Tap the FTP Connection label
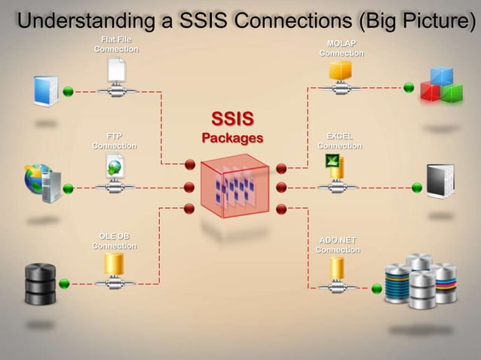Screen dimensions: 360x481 click(x=115, y=141)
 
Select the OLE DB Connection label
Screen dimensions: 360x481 click(x=115, y=241)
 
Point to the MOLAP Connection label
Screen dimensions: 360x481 click(x=342, y=48)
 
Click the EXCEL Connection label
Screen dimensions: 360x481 click(x=339, y=141)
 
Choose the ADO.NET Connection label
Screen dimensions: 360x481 click(x=338, y=245)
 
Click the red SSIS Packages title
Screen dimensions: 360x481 click(x=232, y=128)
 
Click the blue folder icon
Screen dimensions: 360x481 click(x=45, y=91)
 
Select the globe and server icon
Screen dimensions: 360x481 click(x=42, y=183)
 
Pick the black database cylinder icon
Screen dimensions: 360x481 click(x=40, y=283)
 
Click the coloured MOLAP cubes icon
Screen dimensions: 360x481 click(x=441, y=85)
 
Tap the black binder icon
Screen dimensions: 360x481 click(x=440, y=182)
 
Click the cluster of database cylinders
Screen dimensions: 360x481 click(x=421, y=282)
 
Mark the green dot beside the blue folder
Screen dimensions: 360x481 click(x=68, y=91)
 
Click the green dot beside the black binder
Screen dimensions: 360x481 click(x=417, y=188)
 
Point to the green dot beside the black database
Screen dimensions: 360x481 click(x=64, y=283)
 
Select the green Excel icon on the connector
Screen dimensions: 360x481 click(x=332, y=160)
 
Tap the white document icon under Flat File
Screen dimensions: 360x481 click(x=115, y=71)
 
